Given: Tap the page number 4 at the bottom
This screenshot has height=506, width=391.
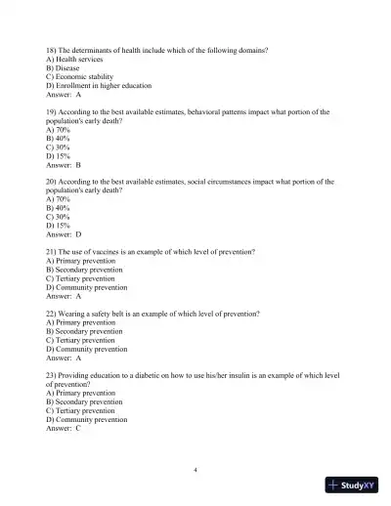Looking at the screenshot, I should coord(195,470).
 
